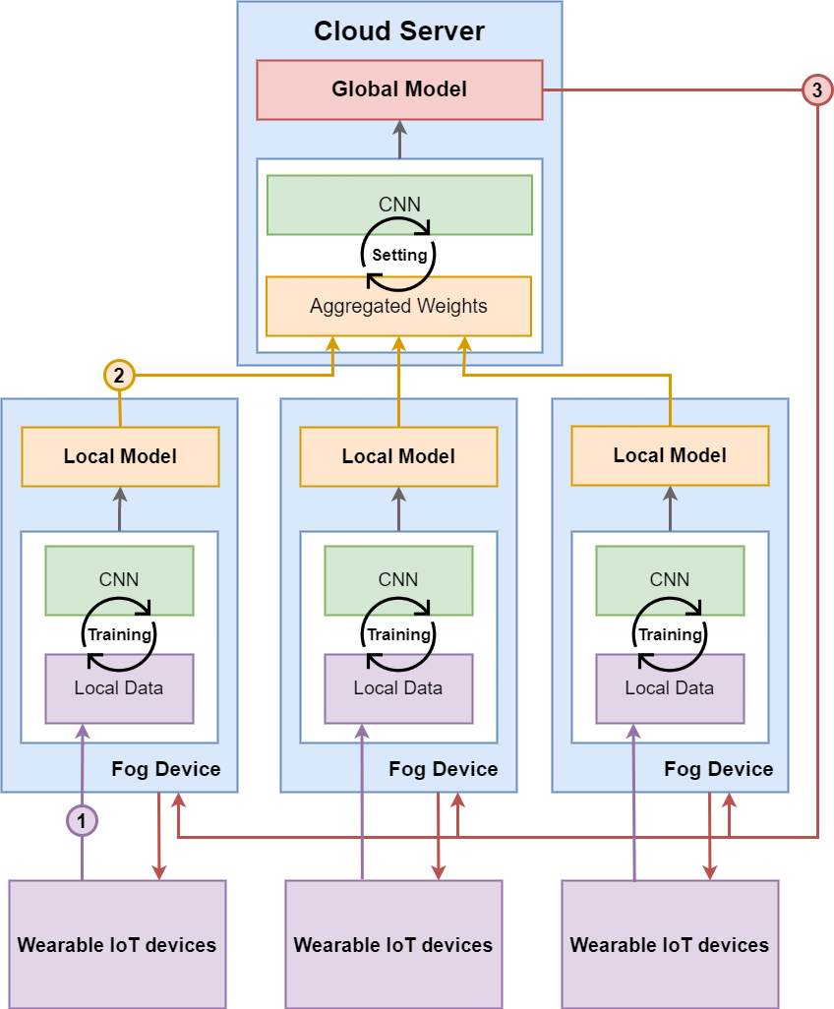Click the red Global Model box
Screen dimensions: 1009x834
pyautogui.click(x=399, y=89)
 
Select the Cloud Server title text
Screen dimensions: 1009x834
pyautogui.click(x=399, y=30)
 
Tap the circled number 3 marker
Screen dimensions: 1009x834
pyautogui.click(x=817, y=89)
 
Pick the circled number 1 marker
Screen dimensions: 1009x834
pyautogui.click(x=82, y=819)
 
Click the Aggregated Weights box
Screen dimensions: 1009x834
pyautogui.click(x=398, y=306)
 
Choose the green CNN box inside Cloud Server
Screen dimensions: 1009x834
pyautogui.click(x=399, y=204)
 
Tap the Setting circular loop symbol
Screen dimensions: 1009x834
pyautogui.click(x=399, y=255)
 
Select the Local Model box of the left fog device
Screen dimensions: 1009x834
pyautogui.click(x=120, y=456)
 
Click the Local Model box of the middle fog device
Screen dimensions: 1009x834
pyautogui.click(x=398, y=456)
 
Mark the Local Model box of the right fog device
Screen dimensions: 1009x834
pyautogui.click(x=670, y=455)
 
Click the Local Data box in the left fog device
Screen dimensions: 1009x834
pyautogui.click(x=119, y=688)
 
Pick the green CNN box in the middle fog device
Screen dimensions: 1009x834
pyautogui.click(x=398, y=578)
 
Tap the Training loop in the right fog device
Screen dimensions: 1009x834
pyautogui.click(x=670, y=634)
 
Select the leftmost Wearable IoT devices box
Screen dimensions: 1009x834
pyautogui.click(x=117, y=944)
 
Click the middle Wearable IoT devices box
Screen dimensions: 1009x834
pyautogui.click(x=393, y=944)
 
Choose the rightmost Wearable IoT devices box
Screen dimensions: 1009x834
pyautogui.click(x=670, y=944)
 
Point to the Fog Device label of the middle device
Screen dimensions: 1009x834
pyautogui.click(x=444, y=769)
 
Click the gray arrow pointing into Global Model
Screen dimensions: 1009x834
pyautogui.click(x=399, y=139)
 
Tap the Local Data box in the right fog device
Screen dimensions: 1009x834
pyautogui.click(x=670, y=688)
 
